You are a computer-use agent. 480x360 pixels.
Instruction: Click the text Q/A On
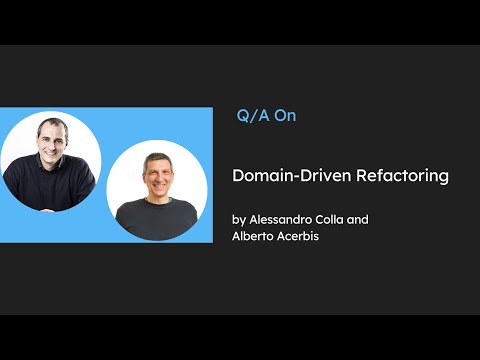[x=266, y=115]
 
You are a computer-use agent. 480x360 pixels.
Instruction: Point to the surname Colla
[x=352, y=218]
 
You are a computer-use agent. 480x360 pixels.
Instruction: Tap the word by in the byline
[x=238, y=218]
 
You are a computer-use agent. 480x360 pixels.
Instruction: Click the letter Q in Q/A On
[x=243, y=115]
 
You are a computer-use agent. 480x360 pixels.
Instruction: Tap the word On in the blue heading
[x=286, y=115]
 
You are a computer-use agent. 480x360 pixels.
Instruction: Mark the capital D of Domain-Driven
[x=238, y=175]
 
